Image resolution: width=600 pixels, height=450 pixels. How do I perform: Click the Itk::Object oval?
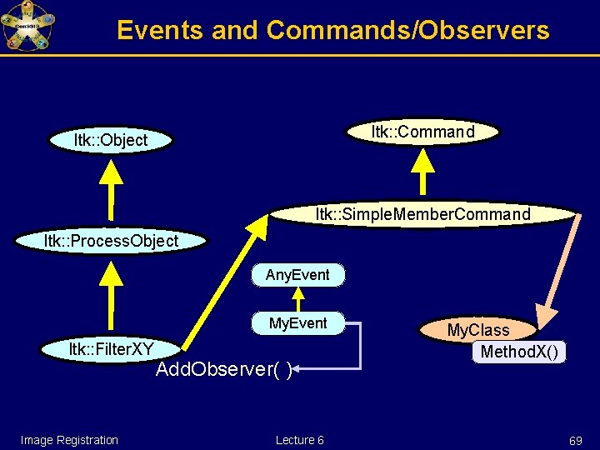pyautogui.click(x=111, y=140)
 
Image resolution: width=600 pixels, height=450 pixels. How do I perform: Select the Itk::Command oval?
pyautogui.click(x=422, y=132)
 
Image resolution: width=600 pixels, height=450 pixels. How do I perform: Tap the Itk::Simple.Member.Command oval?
pyautogui.click(x=422, y=214)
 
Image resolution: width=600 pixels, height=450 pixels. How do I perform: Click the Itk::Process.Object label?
pyautogui.click(x=111, y=241)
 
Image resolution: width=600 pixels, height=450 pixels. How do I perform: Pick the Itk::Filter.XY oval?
pyautogui.click(x=111, y=347)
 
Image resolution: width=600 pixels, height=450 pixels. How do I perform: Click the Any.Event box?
pyautogui.click(x=297, y=275)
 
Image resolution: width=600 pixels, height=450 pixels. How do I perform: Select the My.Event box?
pyautogui.click(x=297, y=323)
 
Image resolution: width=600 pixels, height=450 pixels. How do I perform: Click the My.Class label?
pyautogui.click(x=477, y=330)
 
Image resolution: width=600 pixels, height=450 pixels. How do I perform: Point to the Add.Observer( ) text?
pyautogui.click(x=223, y=370)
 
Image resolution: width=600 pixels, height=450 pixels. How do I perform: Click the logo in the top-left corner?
pyautogui.click(x=27, y=26)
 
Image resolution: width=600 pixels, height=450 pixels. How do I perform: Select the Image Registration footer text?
pyautogui.click(x=69, y=440)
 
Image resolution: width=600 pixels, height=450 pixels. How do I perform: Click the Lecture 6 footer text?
pyautogui.click(x=300, y=440)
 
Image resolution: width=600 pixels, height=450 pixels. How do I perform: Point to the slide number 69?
pyautogui.click(x=575, y=440)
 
